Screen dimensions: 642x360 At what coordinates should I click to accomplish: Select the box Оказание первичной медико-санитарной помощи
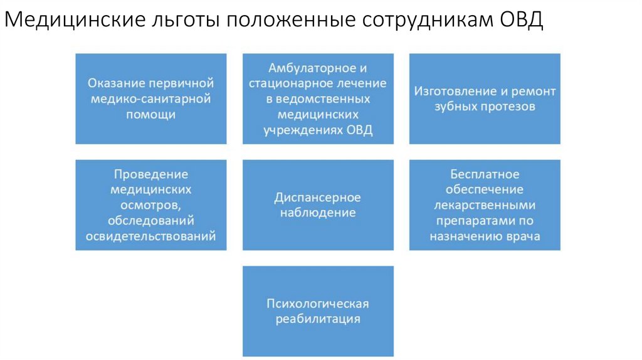tap(150, 98)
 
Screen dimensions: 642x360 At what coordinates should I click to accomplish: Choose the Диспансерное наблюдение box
tap(318, 205)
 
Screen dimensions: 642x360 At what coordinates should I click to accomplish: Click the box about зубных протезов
tap(485, 98)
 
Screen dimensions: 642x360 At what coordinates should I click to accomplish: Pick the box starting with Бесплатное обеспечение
tap(485, 205)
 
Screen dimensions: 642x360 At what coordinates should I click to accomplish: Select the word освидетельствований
tap(150, 236)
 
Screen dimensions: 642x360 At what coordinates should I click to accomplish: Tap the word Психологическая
tap(318, 304)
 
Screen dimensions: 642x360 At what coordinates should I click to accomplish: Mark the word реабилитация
tap(318, 319)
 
